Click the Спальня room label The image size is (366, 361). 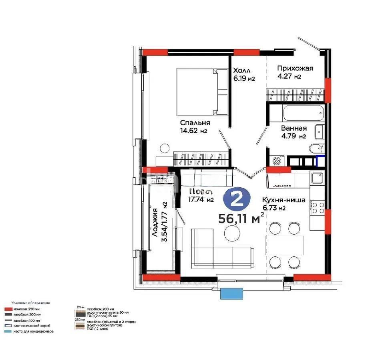195,123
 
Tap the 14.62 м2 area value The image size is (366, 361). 193,130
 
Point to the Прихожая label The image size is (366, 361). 295,68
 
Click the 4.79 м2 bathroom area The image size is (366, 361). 293,136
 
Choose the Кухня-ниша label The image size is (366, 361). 284,200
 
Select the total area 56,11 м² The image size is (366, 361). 241,219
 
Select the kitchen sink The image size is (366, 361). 318,177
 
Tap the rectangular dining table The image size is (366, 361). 285,245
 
